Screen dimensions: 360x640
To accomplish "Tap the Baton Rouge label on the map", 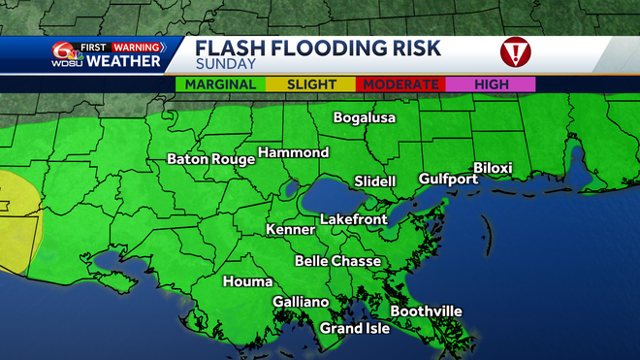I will point(210,158).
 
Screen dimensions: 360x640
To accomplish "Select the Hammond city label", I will point(295,152).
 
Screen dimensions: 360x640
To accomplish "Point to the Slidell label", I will point(374,181).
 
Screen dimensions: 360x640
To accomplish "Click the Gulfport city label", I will point(447,179).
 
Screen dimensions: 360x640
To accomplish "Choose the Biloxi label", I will point(493,168).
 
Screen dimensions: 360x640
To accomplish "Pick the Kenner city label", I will point(291,230).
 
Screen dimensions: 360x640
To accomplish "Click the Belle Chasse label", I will point(337,261).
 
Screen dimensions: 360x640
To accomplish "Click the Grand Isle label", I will point(355,328).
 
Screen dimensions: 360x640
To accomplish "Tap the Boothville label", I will point(426,311).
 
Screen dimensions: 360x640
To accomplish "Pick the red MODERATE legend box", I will point(400,84).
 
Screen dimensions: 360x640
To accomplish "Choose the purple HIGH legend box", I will point(492,84).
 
